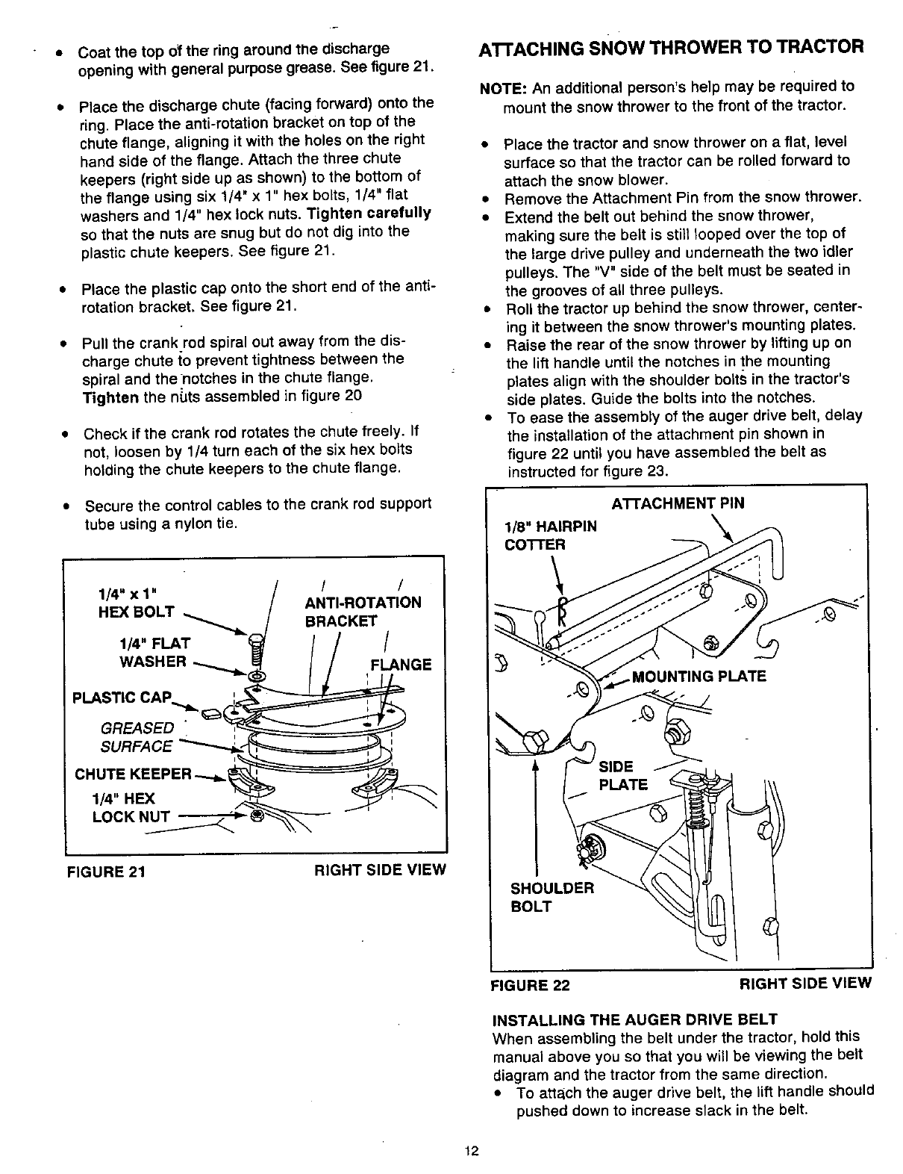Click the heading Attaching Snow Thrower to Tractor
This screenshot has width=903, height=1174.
670,46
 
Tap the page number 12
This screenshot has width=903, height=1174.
470,1150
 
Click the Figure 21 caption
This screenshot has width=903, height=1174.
105,872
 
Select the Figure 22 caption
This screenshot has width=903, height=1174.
530,984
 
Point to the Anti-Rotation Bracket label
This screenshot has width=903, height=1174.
363,612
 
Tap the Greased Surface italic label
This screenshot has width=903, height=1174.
137,736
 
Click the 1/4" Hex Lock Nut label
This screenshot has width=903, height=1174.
131,807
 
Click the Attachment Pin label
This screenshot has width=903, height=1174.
678,503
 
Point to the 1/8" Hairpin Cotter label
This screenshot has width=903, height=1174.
551,535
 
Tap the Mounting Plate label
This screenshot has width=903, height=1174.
699,677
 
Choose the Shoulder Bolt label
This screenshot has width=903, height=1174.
552,897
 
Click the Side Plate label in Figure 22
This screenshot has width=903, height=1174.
623,775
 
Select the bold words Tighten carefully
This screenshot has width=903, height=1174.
369,213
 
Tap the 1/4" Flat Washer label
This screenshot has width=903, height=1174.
154,652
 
